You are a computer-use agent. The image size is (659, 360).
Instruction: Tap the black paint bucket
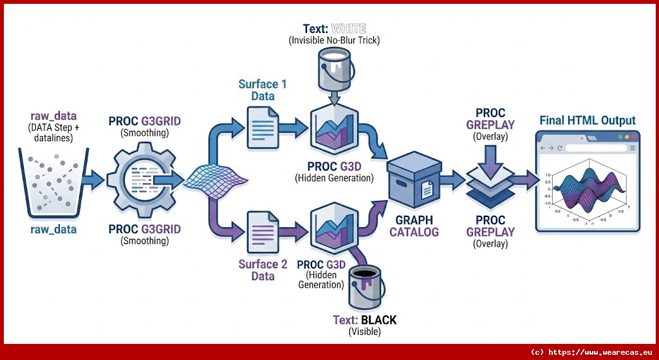(x=365, y=288)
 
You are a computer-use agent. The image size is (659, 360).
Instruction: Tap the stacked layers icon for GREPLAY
(x=490, y=182)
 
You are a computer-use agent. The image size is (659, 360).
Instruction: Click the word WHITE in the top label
(x=349, y=29)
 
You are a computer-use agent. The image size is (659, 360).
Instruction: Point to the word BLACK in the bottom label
(x=378, y=320)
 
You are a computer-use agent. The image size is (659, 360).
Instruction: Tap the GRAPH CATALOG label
(x=413, y=226)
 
